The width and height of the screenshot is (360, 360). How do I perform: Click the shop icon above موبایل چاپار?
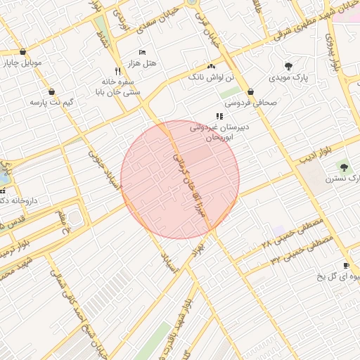tap(24, 51)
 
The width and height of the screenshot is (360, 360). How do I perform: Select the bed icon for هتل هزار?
tap(143, 52)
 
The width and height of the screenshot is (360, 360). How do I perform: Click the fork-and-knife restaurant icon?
tap(117, 70)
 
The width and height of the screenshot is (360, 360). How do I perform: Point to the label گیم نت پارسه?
tap(52, 103)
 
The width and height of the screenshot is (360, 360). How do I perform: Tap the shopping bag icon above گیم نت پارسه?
tap(52, 91)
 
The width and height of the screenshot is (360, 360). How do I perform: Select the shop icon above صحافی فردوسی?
tap(250, 91)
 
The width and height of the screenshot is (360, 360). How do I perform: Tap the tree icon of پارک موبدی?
tap(288, 65)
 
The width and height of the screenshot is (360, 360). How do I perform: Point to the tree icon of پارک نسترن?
tap(344, 167)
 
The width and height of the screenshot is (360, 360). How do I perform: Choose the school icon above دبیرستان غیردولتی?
tap(219, 116)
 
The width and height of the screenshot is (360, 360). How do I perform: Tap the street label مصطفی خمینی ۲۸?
tap(292, 233)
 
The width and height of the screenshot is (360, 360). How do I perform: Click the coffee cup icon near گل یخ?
tap(346, 265)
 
